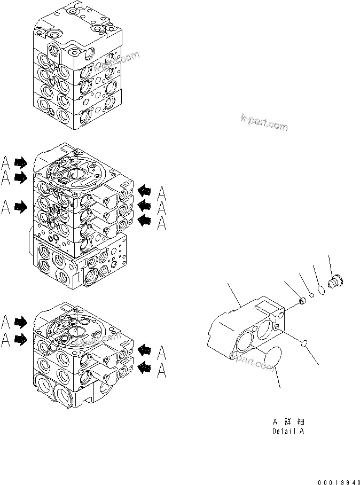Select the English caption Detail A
point(288,431)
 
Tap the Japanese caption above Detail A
point(288,421)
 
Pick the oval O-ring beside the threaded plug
point(320,290)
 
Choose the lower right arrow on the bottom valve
point(144,366)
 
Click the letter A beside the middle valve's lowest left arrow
point(6,207)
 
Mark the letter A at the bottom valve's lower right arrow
point(161,370)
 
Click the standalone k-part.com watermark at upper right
point(264,122)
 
